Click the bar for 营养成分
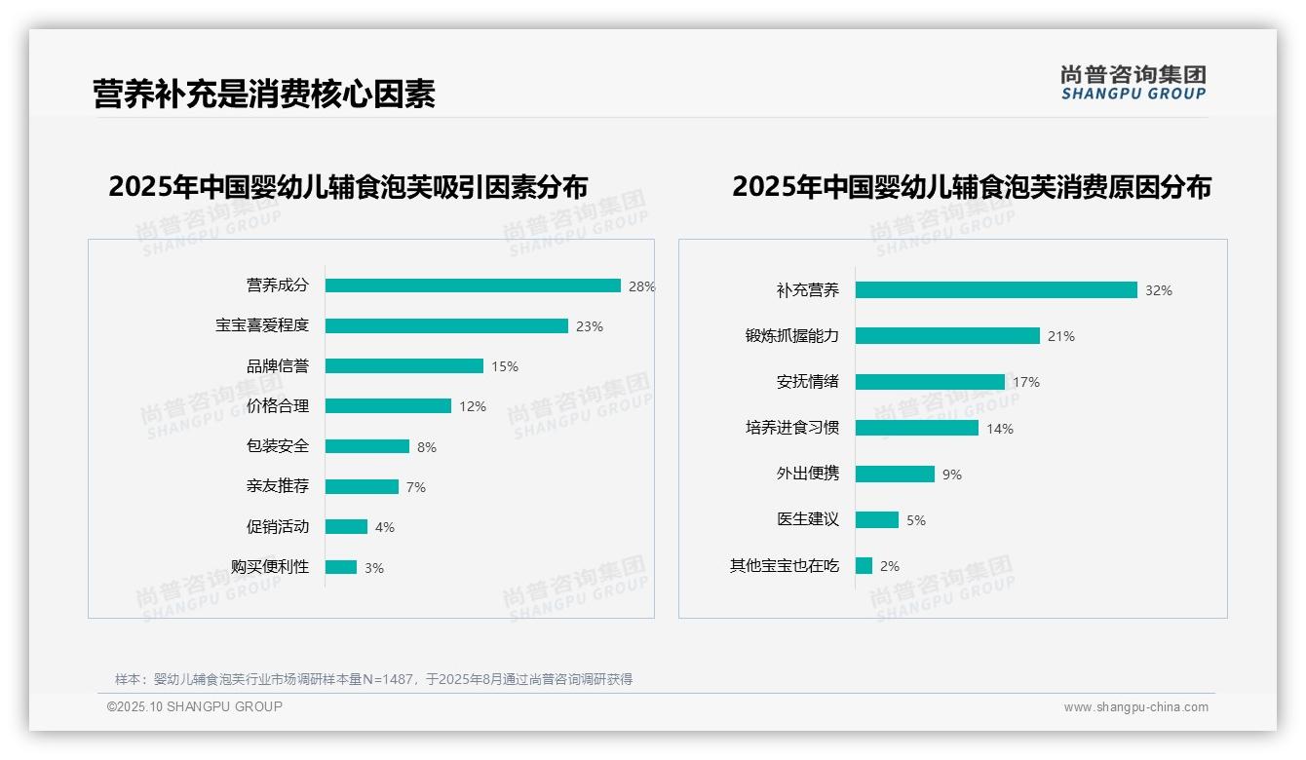pyautogui.click(x=473, y=285)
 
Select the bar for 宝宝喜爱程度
pyautogui.click(x=446, y=325)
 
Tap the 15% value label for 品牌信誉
pyautogui.click(x=505, y=366)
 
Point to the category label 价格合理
pyautogui.click(x=278, y=406)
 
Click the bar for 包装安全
pyautogui.click(x=367, y=446)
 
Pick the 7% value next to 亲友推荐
pyautogui.click(x=416, y=487)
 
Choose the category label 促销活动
pyautogui.click(x=278, y=527)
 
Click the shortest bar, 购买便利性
pyautogui.click(x=341, y=567)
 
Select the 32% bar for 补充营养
pyautogui.click(x=996, y=290)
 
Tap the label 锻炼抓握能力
pyautogui.click(x=792, y=336)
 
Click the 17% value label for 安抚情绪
pyautogui.click(x=1026, y=382)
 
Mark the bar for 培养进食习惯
pyautogui.click(x=917, y=428)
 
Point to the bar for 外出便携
pyautogui.click(x=895, y=474)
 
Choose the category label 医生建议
pyautogui.click(x=808, y=519)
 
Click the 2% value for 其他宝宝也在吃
pyautogui.click(x=890, y=566)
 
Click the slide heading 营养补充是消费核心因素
pyautogui.click(x=264, y=94)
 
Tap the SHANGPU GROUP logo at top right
pyautogui.click(x=1133, y=83)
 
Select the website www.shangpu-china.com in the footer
pyautogui.click(x=1135, y=707)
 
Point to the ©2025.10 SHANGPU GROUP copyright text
pyautogui.click(x=195, y=706)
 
